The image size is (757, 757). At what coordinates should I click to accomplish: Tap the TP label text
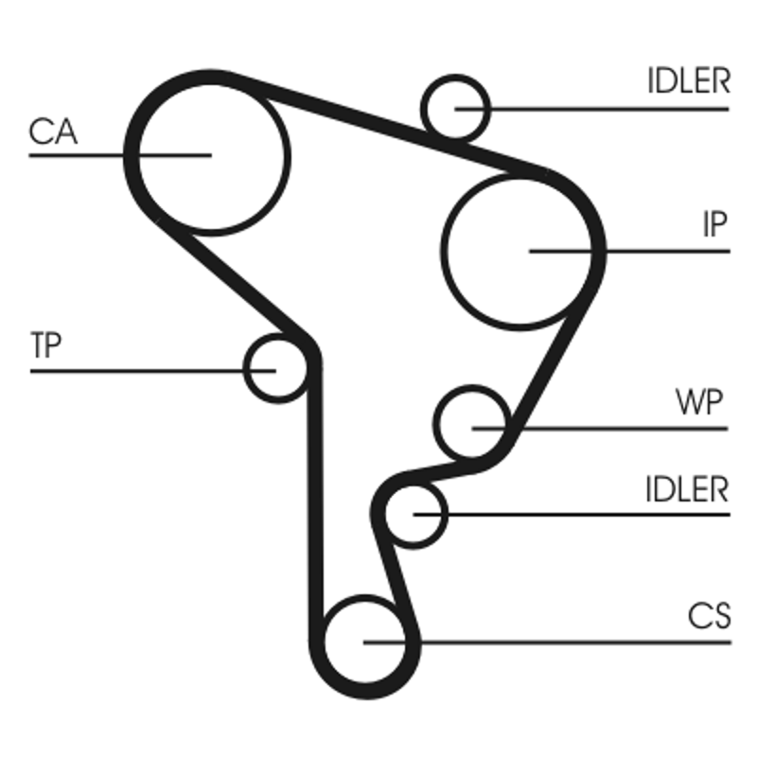click(45, 346)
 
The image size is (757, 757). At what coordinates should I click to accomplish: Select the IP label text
click(714, 225)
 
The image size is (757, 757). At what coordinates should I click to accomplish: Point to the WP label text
click(700, 404)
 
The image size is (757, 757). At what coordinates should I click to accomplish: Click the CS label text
click(710, 617)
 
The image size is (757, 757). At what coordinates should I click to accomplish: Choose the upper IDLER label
click(689, 81)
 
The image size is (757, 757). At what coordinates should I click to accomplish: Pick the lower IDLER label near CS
click(688, 489)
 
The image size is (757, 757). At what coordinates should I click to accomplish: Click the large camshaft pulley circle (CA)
click(213, 154)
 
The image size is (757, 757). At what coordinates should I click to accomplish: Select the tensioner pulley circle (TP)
click(275, 367)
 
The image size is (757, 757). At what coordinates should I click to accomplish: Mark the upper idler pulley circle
click(456, 106)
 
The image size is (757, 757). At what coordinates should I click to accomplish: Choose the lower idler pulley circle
click(415, 514)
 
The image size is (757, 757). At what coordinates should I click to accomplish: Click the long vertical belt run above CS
click(317, 492)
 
